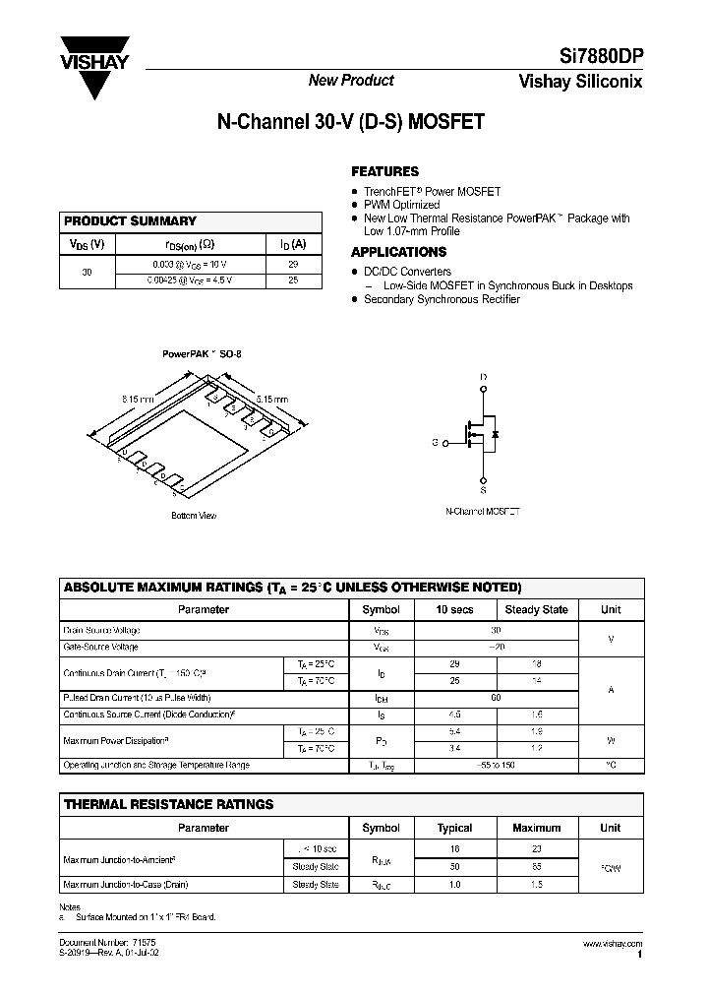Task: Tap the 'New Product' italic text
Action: pyautogui.click(x=351, y=81)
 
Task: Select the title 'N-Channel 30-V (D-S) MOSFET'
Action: pyautogui.click(x=351, y=124)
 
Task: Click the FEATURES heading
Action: pyautogui.click(x=384, y=171)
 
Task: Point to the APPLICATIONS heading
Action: pyautogui.click(x=398, y=252)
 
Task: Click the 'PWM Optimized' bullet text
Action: pyautogui.click(x=401, y=205)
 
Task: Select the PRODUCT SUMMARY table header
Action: pyautogui.click(x=130, y=221)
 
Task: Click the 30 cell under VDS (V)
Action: pyautogui.click(x=87, y=272)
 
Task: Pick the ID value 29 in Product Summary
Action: pyautogui.click(x=293, y=265)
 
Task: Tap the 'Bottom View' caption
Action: pyautogui.click(x=194, y=516)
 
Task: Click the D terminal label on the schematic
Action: pyautogui.click(x=483, y=377)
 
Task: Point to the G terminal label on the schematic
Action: pyautogui.click(x=434, y=443)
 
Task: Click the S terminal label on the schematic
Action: pyautogui.click(x=483, y=489)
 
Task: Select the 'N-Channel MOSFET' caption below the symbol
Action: pyautogui.click(x=483, y=512)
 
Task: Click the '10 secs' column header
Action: pyautogui.click(x=454, y=609)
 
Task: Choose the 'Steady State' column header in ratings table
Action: pyautogui.click(x=536, y=609)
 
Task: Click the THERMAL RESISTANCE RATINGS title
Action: pyautogui.click(x=168, y=804)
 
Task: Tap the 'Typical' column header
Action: pyautogui.click(x=454, y=828)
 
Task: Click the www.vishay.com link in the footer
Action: pyautogui.click(x=613, y=943)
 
